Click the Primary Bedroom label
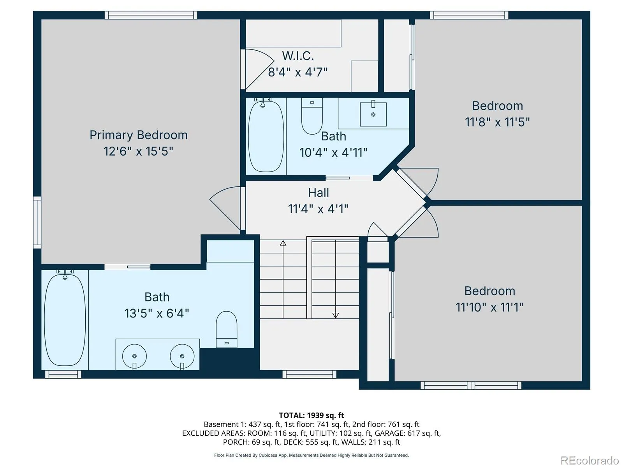tap(139, 135)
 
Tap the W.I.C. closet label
tap(298, 56)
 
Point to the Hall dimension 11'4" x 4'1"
tap(318, 209)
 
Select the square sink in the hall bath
tap(373, 114)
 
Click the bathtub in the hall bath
tap(266, 136)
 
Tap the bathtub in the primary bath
tap(65, 318)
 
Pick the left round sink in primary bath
tap(135, 356)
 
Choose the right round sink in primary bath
tap(182, 356)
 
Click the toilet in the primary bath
tap(227, 329)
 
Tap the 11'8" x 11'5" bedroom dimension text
tap(497, 122)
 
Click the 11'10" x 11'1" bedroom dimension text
tap(489, 307)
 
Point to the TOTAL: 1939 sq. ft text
tap(311, 415)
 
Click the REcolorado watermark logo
tap(590, 460)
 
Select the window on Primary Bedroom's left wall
tap(37, 222)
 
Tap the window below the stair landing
tap(310, 374)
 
